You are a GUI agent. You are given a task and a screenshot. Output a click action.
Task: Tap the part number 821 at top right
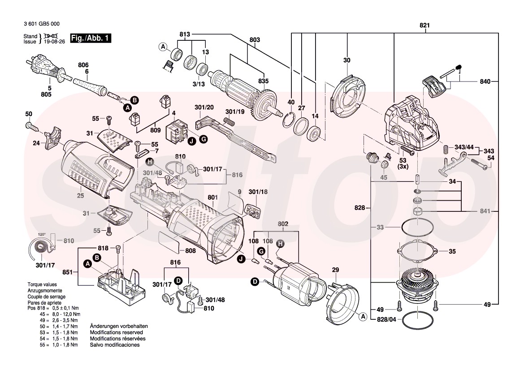(x=424, y=26)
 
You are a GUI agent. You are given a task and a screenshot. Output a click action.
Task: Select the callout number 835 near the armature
(x=263, y=81)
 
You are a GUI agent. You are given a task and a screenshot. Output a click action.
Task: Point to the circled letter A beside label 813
(x=163, y=47)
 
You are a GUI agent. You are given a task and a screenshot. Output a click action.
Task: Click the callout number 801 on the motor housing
(x=212, y=197)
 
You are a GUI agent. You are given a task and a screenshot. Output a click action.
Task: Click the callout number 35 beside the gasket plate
(x=452, y=252)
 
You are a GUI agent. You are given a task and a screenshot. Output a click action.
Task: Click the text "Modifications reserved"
(x=116, y=333)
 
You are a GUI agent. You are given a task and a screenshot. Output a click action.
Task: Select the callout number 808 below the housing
(x=191, y=251)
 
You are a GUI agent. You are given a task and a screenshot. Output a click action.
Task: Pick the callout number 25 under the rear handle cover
(x=80, y=196)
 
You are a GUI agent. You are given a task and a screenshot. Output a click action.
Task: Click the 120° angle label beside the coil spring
(x=42, y=234)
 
